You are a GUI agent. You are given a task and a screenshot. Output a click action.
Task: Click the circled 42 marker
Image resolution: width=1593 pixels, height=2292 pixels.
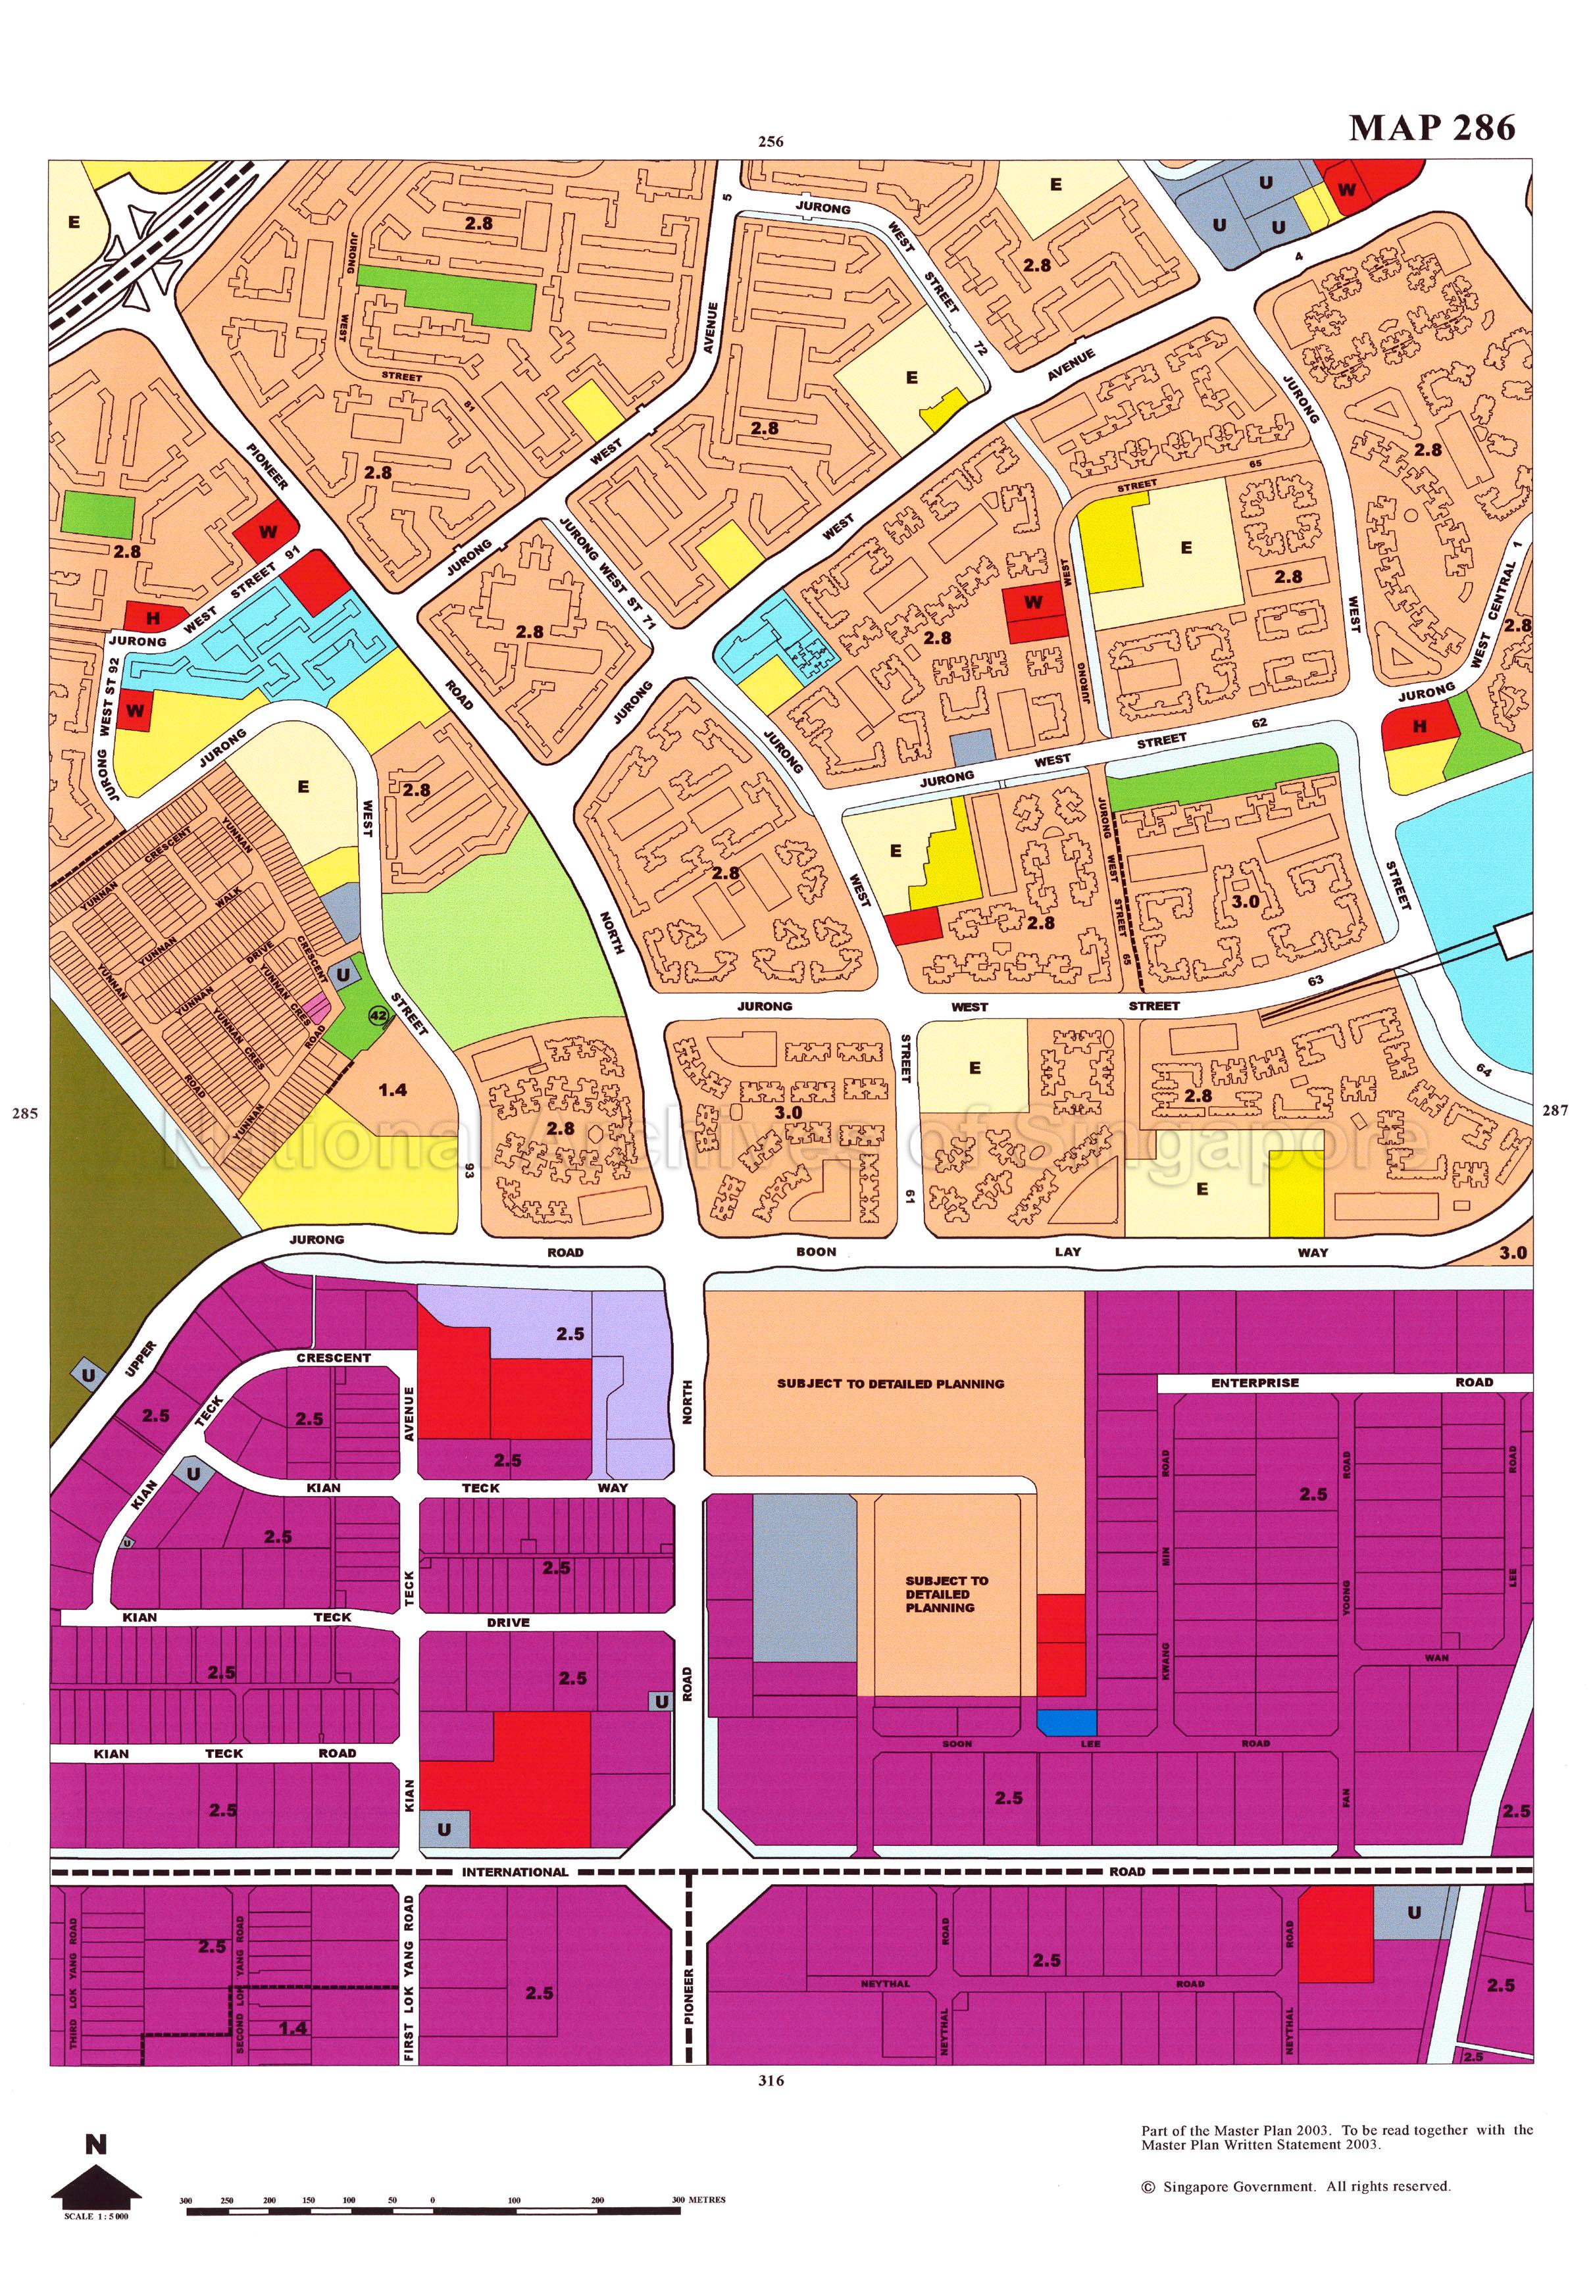(x=378, y=1016)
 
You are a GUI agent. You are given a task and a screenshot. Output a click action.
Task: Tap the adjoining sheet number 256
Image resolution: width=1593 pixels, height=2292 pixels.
(x=771, y=141)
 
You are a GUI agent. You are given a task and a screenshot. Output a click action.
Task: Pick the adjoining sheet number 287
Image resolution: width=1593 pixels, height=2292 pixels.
(x=1555, y=1110)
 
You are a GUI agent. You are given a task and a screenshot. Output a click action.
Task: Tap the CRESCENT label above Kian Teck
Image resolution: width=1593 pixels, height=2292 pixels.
(x=334, y=1358)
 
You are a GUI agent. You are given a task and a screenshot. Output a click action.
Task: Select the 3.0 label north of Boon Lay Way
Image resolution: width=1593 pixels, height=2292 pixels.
(x=788, y=1112)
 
